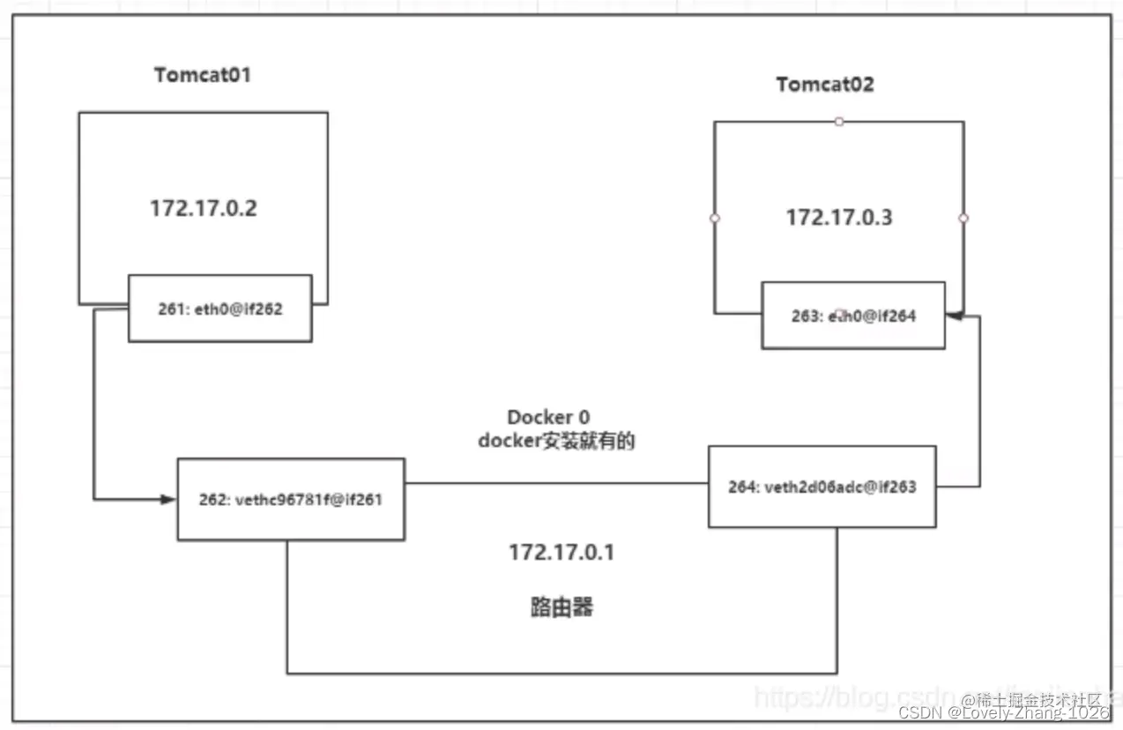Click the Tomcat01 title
pyautogui.click(x=203, y=75)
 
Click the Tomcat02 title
pyautogui.click(x=825, y=85)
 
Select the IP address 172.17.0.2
pyautogui.click(x=203, y=209)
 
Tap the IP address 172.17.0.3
pyautogui.click(x=838, y=217)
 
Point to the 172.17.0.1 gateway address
pyautogui.click(x=561, y=553)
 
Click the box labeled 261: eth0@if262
pyautogui.click(x=219, y=309)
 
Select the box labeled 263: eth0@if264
pyautogui.click(x=852, y=316)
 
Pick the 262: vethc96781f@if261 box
pyautogui.click(x=291, y=498)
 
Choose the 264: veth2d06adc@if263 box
pyautogui.click(x=822, y=486)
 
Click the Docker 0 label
pyautogui.click(x=548, y=417)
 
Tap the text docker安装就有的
pyautogui.click(x=556, y=441)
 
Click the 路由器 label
pyautogui.click(x=561, y=607)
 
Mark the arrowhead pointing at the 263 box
pyautogui.click(x=954, y=315)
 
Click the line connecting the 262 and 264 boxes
pyautogui.click(x=555, y=483)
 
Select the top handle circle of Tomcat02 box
pyautogui.click(x=838, y=122)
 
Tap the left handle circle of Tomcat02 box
pyautogui.click(x=714, y=217)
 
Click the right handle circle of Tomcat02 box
pyautogui.click(x=963, y=217)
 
